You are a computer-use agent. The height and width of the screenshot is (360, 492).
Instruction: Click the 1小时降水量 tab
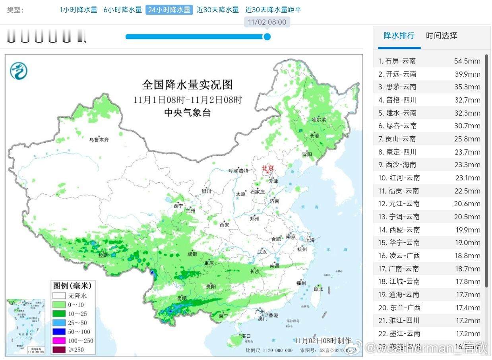point(78,10)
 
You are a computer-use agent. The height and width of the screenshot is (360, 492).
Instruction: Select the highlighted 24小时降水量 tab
point(169,10)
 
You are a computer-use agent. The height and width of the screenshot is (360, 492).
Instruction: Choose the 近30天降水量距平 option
point(273,10)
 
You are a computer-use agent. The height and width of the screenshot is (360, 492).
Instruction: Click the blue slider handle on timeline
point(267,37)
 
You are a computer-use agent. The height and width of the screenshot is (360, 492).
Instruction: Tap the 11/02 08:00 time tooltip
point(267,22)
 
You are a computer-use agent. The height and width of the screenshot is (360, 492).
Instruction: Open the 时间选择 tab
point(442,36)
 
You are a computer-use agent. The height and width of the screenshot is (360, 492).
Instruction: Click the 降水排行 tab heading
point(399,36)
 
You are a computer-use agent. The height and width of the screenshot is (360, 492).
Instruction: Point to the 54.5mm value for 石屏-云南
point(467,61)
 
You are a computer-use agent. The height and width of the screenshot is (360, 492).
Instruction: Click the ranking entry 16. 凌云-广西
point(399,256)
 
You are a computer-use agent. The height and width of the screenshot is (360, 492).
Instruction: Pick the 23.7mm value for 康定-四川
point(467,152)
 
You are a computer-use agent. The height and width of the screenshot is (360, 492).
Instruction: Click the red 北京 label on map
point(268,168)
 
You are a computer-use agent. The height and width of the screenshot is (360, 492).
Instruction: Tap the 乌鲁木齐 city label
point(99,140)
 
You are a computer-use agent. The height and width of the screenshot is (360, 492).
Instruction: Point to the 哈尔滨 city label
point(318,120)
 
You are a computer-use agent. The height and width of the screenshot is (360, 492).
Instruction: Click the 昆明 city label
point(182,298)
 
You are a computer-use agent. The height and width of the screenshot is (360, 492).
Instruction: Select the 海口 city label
point(246,336)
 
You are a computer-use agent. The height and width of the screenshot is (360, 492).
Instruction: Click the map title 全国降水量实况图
point(187,85)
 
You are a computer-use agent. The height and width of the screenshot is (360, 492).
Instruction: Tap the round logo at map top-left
point(19,71)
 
